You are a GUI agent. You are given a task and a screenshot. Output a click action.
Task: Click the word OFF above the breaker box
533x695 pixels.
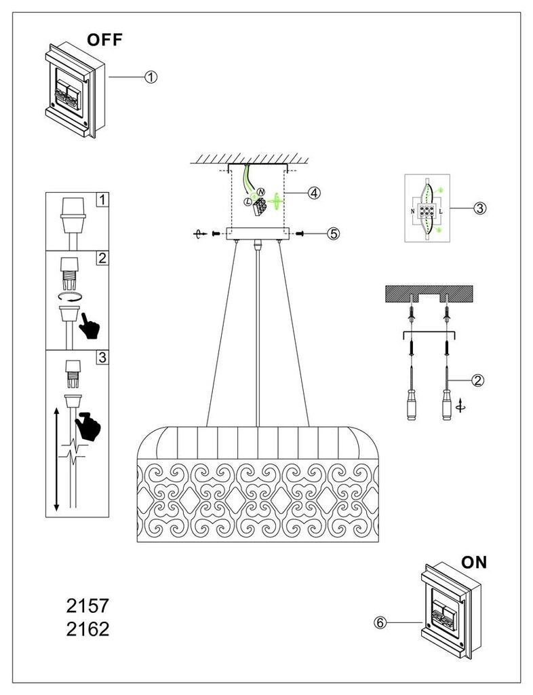[104, 40]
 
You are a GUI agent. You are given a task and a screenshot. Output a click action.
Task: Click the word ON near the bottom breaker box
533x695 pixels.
[474, 563]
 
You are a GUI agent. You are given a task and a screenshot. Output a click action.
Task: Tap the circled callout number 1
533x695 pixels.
[151, 77]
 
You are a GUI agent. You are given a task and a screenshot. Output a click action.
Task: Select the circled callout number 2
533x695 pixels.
[477, 380]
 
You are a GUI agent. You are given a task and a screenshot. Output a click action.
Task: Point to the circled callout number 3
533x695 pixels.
[480, 208]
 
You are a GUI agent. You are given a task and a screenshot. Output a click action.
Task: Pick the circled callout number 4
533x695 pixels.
[314, 193]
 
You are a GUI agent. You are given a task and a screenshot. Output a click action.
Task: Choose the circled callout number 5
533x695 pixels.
[334, 233]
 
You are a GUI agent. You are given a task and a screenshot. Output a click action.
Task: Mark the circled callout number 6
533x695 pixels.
[380, 623]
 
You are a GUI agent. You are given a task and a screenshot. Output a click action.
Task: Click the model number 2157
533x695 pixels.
[87, 606]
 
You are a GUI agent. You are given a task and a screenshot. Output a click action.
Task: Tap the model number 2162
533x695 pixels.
[87, 629]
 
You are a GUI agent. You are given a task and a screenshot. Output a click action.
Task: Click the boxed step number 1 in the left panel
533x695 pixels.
[102, 200]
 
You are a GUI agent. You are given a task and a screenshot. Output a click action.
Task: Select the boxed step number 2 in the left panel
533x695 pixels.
[102, 258]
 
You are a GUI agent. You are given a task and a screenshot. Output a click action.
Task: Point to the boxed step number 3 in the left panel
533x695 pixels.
[102, 357]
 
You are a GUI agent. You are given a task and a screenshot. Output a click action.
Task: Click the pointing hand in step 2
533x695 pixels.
[90, 326]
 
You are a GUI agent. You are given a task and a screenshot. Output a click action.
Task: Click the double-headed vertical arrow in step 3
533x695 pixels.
[56, 459]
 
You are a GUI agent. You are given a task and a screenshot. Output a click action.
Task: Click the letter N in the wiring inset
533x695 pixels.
[412, 212]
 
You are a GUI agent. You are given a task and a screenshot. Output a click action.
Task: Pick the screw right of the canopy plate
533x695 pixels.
[300, 233]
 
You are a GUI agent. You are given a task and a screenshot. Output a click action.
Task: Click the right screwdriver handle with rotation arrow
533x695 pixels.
[447, 405]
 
